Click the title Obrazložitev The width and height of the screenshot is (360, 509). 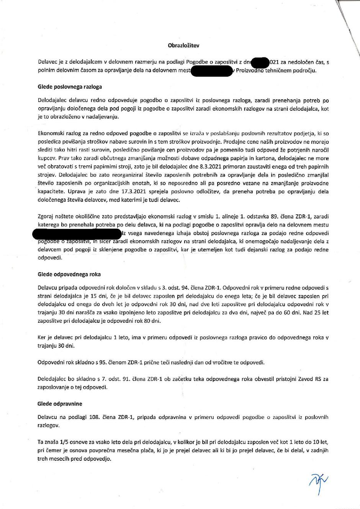[183, 45]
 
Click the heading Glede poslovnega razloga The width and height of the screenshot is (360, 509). [70, 87]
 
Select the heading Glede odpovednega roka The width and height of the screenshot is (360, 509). [69, 274]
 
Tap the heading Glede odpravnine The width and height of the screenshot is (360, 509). [60, 404]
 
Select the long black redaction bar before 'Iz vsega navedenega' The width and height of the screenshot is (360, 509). [77, 233]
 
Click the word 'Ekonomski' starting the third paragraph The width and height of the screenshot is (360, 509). [51, 133]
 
